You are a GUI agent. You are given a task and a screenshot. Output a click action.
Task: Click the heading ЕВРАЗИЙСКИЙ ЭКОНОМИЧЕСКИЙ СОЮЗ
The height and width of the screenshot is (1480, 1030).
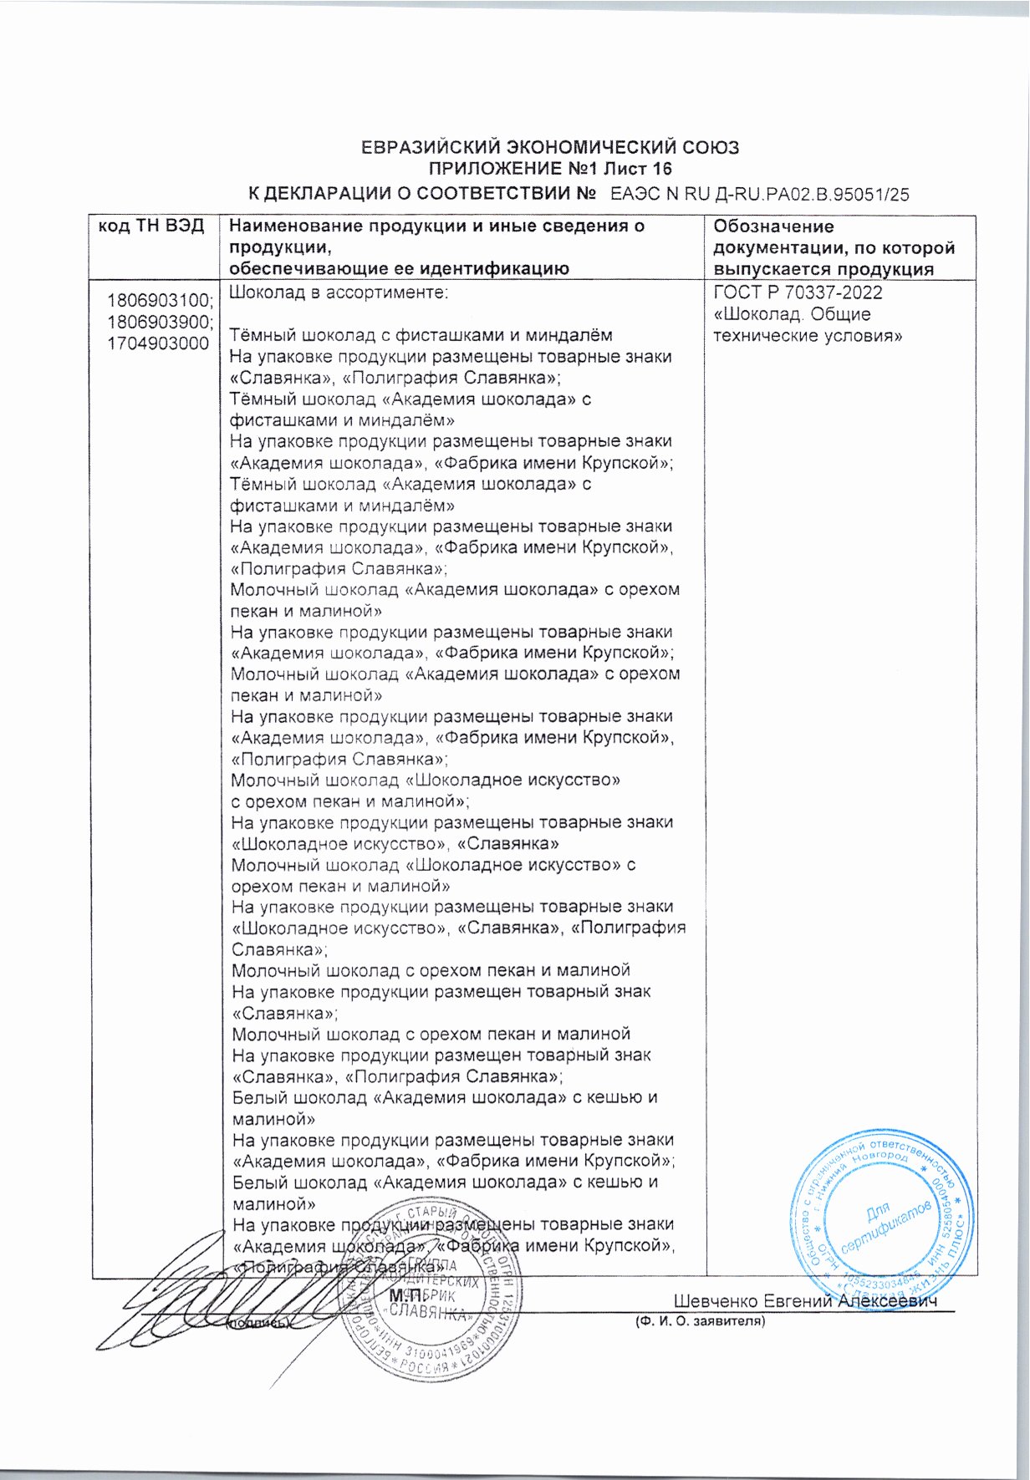click(549, 148)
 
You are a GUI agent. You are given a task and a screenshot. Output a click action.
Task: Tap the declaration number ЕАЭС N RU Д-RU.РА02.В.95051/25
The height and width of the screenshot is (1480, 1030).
click(759, 195)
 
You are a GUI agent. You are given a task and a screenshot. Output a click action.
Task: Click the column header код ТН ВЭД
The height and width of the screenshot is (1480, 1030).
click(152, 226)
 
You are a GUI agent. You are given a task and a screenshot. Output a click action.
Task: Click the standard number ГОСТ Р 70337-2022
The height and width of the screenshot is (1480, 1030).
click(798, 293)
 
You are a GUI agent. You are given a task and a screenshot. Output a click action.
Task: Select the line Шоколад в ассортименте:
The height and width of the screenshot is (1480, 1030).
click(339, 293)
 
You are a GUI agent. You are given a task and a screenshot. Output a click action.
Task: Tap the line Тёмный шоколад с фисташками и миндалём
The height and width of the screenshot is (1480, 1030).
click(421, 336)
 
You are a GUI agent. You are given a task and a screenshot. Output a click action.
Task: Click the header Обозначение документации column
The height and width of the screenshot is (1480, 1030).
click(834, 248)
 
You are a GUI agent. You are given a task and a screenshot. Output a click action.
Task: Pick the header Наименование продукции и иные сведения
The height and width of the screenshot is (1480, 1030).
click(437, 226)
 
